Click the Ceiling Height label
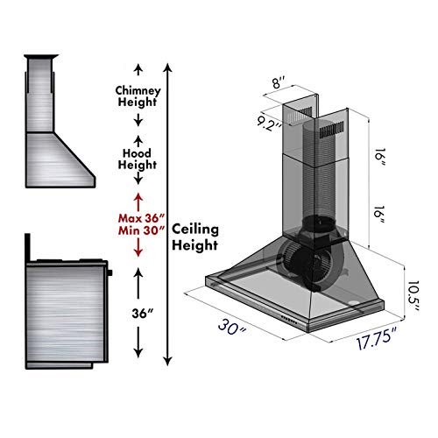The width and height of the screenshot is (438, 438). tap(195, 237)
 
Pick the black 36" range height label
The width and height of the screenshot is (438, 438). tap(138, 312)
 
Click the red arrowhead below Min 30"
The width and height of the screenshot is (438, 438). tap(138, 253)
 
